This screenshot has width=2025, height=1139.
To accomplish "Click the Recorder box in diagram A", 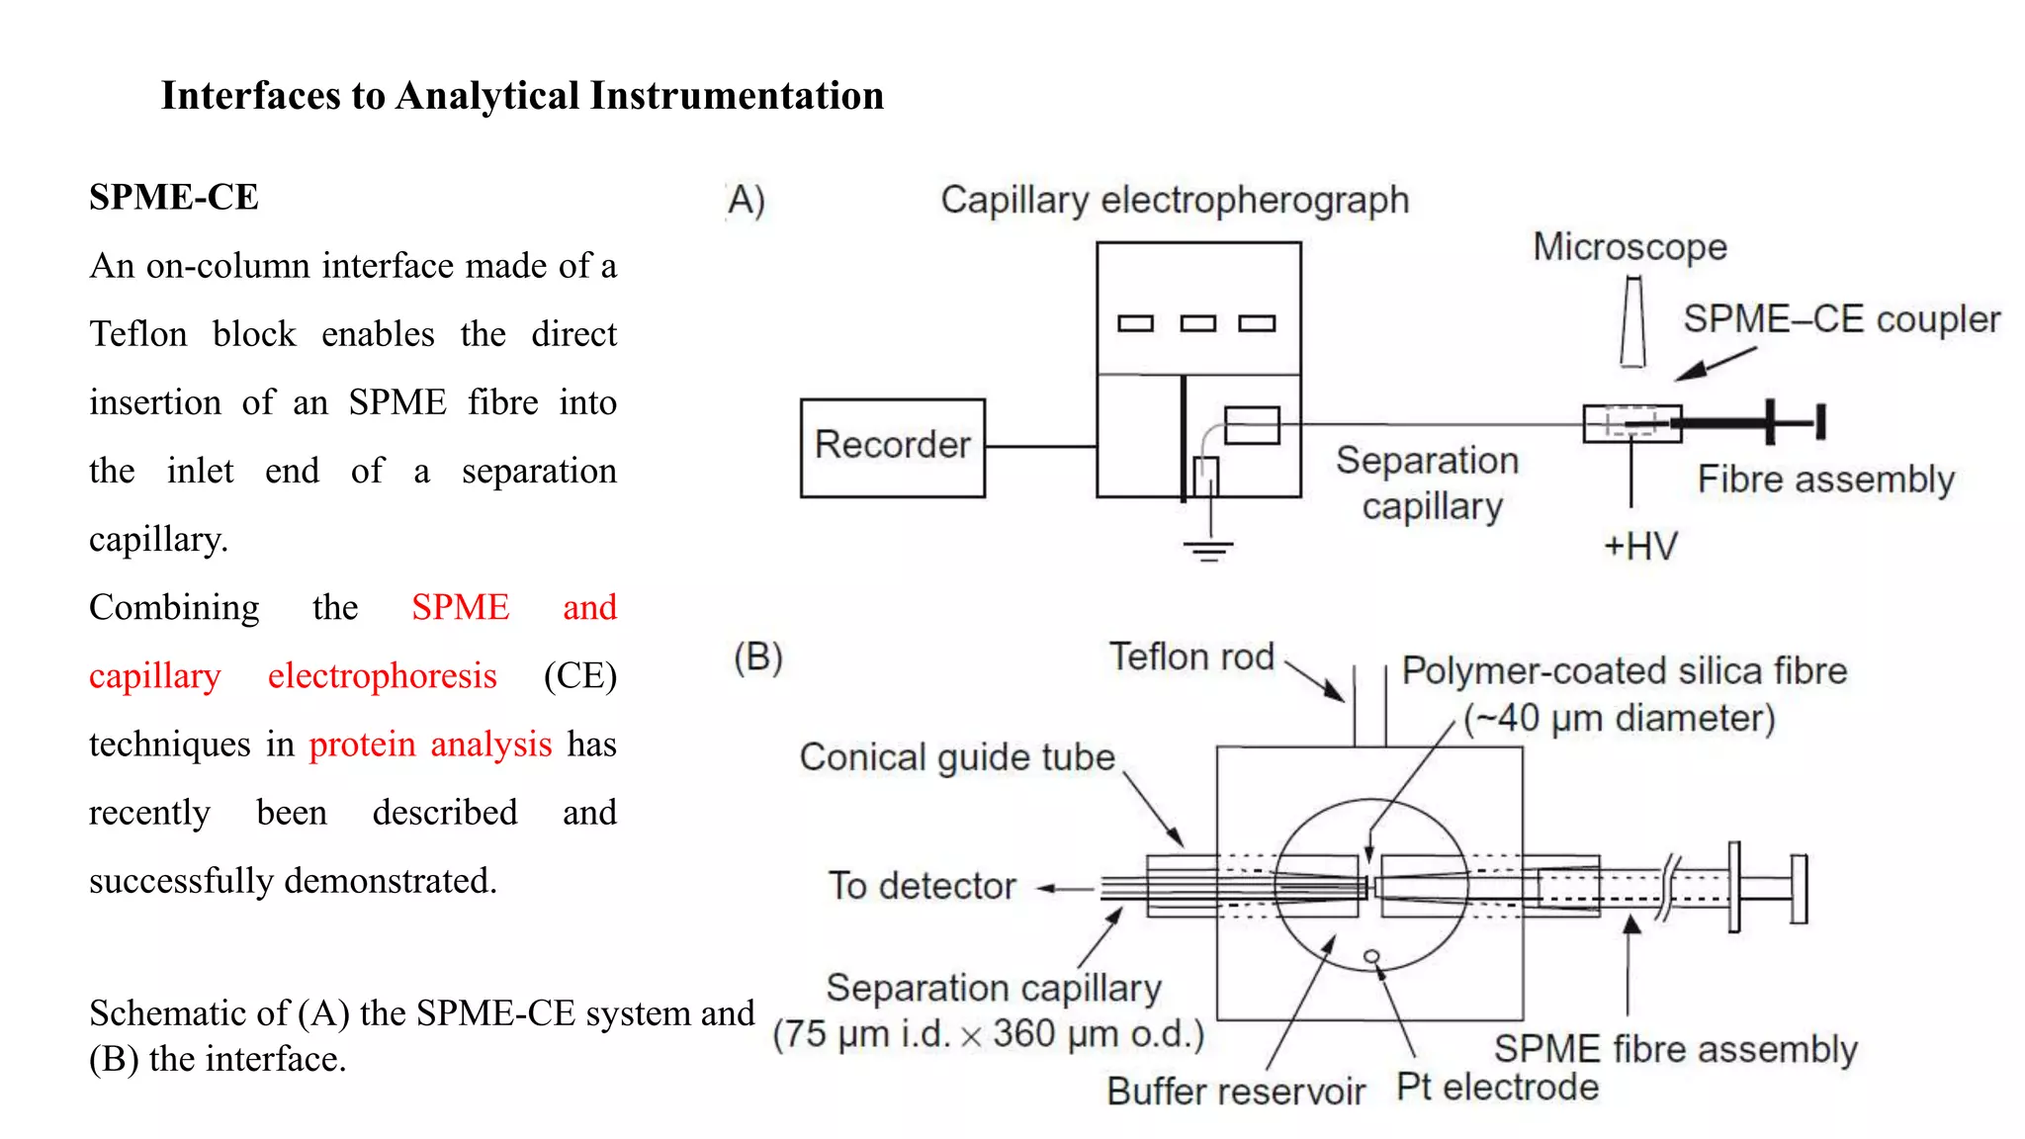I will coord(892,447).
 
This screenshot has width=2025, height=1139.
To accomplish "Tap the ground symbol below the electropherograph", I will coord(1208,550).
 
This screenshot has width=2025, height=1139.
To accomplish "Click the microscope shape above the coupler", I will coord(1632,322).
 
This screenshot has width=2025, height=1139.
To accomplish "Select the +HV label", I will coord(1640,546).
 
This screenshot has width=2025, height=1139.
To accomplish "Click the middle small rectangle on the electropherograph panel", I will coord(1197,323).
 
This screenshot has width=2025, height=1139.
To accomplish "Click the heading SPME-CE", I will coord(174,197).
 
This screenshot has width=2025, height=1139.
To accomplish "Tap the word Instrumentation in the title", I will coord(737,96).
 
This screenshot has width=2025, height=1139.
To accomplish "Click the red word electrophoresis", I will coord(382,675).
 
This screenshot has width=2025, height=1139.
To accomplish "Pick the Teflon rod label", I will coord(1190,657).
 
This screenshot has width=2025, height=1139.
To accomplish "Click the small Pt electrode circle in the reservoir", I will coord(1371,956).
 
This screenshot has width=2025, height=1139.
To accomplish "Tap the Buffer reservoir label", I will coord(1235,1092).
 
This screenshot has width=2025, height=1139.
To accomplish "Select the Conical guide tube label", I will coord(956,757).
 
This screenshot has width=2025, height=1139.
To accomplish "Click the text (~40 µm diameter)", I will coord(1619,718).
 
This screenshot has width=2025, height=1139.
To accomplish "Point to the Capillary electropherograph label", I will coord(1174,201).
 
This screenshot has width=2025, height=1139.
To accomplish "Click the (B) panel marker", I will coord(757,657).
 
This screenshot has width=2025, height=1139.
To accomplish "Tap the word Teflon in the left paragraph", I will coord(138,334).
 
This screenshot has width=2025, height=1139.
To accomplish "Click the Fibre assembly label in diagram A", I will coord(1825,480).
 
